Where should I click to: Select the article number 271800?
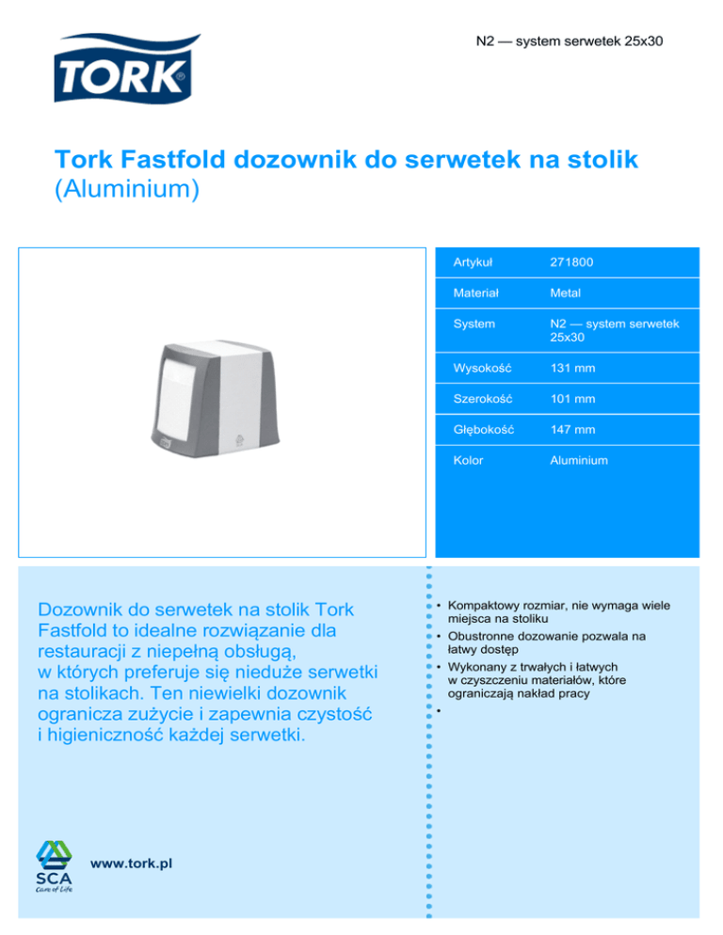571,261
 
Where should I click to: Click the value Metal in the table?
568,292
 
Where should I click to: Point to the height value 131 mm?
572,368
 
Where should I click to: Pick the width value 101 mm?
572,399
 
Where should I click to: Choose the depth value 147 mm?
572,430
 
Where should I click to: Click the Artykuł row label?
474,261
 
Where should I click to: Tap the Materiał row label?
475,292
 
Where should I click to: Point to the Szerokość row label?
482,399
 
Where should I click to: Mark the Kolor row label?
468,460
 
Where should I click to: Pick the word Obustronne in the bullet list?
486,636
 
